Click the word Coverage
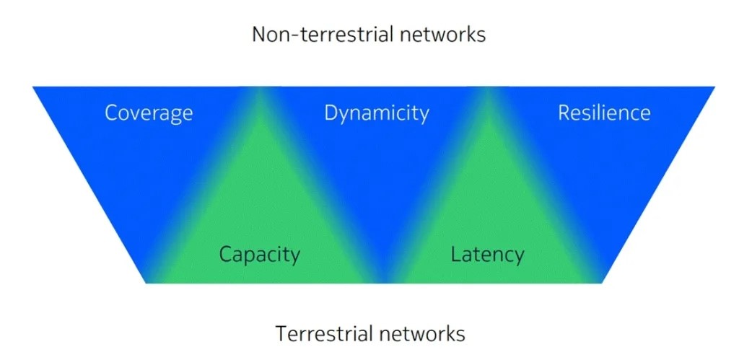tap(149, 113)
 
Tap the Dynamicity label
tap(376, 113)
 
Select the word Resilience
tap(604, 113)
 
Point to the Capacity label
tap(259, 255)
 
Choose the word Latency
tap(487, 255)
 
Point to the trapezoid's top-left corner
tap(33, 87)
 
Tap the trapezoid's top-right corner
tap(714, 87)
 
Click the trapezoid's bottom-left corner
tap(146, 282)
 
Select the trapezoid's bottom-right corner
tap(601, 282)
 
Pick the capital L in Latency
tap(455, 255)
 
